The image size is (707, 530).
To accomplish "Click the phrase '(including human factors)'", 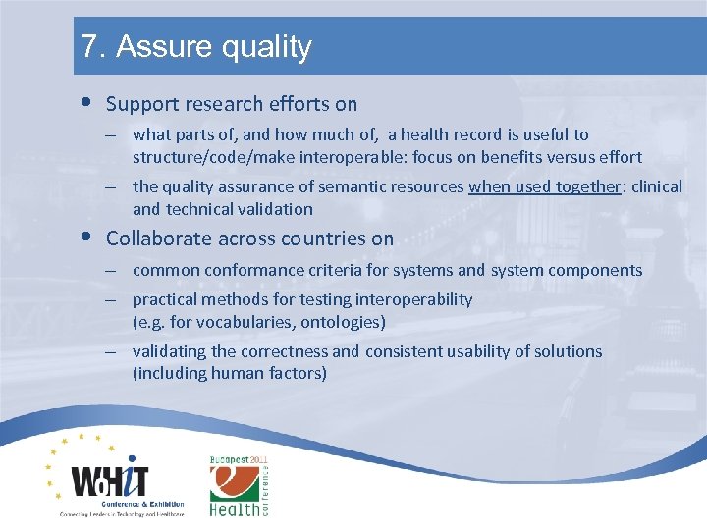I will tap(229, 373).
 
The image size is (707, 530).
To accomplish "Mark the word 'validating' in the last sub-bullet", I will tap(168, 351).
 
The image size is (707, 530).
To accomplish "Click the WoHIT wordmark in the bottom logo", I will tap(110, 480).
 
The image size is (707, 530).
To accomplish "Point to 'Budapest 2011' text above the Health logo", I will tap(239, 460).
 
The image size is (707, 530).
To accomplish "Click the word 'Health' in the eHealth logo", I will tap(235, 508).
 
